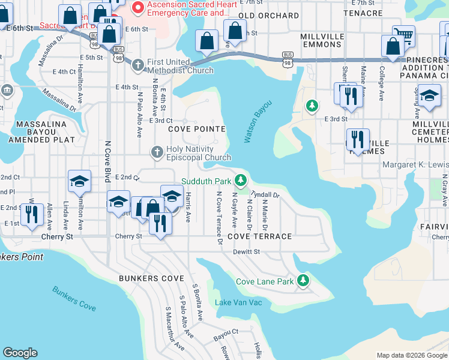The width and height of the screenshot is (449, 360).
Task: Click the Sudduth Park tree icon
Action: pyautogui.click(x=241, y=180)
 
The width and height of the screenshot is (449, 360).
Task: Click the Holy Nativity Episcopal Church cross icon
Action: pyautogui.click(x=157, y=151)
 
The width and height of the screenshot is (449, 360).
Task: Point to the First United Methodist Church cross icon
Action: pyautogui.click(x=137, y=64)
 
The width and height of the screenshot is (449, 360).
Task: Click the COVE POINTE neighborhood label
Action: pyautogui.click(x=196, y=129)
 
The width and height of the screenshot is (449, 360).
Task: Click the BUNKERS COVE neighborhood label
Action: pyautogui.click(x=151, y=278)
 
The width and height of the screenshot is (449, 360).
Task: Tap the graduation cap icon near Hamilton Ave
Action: pyautogui.click(x=79, y=182)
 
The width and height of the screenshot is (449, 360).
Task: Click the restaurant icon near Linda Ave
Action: pyautogui.click(x=30, y=214)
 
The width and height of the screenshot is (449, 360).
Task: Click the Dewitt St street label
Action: pyautogui.click(x=246, y=252)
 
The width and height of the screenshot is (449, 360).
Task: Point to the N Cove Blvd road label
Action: pyautogui.click(x=108, y=163)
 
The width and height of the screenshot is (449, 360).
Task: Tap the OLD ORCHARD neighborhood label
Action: pyautogui.click(x=268, y=16)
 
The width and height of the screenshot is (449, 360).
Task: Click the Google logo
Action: pyautogui.click(x=20, y=353)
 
